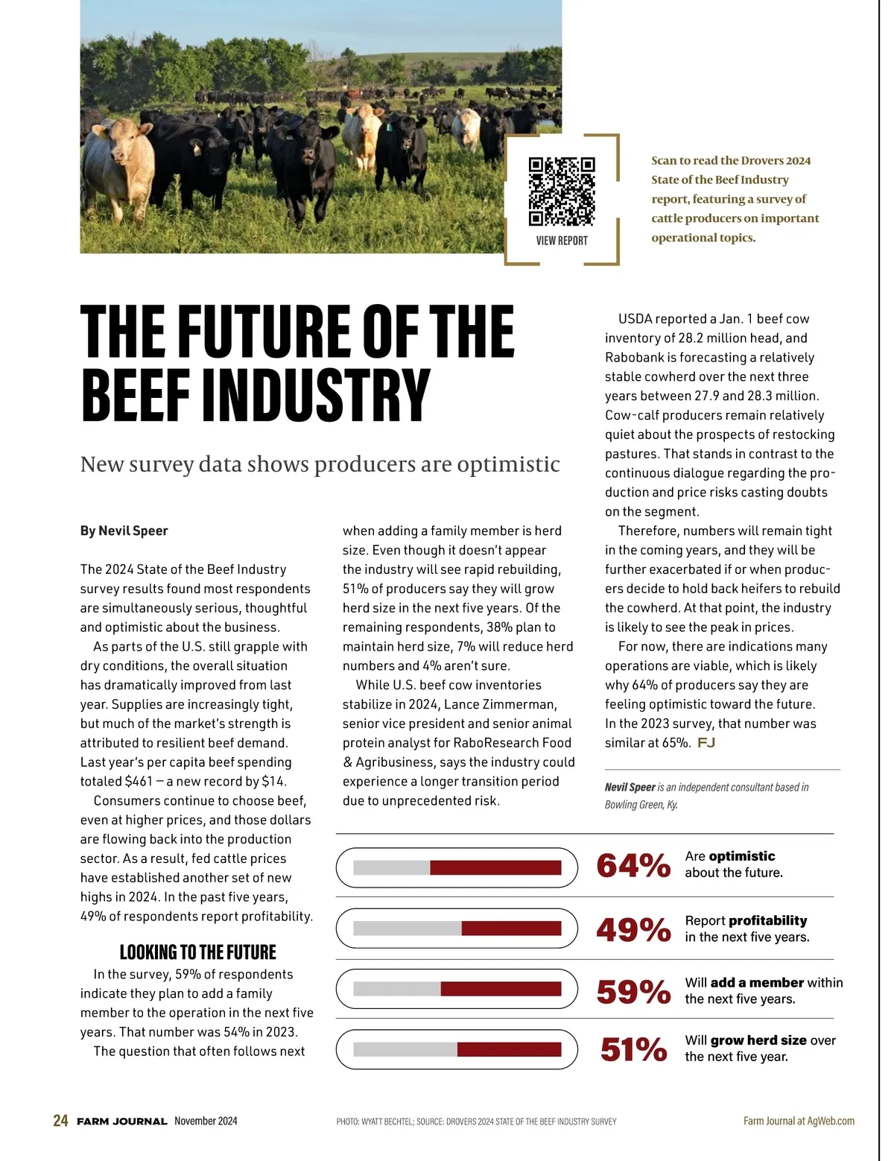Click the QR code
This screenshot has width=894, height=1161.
562,192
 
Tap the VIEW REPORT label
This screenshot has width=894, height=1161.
562,241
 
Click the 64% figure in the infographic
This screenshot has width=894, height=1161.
633,865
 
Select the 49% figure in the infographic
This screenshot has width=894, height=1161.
633,929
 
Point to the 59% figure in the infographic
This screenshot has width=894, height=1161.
633,991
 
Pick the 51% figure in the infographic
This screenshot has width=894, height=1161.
633,1049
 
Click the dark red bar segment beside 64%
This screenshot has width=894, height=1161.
495,867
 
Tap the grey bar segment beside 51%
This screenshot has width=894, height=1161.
405,1049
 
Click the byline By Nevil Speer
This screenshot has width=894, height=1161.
124,531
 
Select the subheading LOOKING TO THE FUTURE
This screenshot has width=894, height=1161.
197,952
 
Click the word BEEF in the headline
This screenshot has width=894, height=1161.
135,394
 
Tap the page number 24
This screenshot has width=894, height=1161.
60,1121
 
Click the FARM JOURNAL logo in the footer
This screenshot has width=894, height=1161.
121,1122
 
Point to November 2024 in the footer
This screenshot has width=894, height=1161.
206,1121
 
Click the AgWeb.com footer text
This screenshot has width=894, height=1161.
831,1121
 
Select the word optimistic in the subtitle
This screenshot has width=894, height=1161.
508,464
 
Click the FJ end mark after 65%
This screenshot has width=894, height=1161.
706,743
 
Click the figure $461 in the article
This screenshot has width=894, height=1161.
139,782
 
